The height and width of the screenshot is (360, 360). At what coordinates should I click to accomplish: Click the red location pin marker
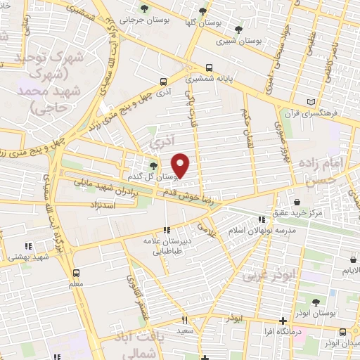click(181, 165)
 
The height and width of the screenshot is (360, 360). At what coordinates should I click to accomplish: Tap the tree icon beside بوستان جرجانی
click(144, 9)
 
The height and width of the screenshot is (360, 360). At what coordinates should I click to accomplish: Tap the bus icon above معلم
click(75, 273)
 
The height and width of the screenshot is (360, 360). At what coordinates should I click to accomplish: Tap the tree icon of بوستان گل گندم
click(153, 166)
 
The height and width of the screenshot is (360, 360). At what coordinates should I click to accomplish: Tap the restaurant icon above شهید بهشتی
click(28, 246)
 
